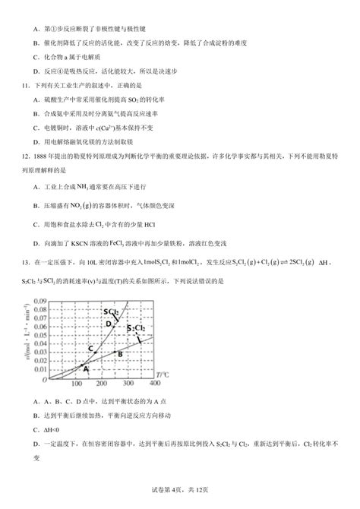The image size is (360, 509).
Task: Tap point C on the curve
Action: [x=92, y=349]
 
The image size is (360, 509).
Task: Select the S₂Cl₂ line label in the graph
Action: [x=136, y=328]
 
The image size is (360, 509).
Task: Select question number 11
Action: [x=14, y=85]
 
